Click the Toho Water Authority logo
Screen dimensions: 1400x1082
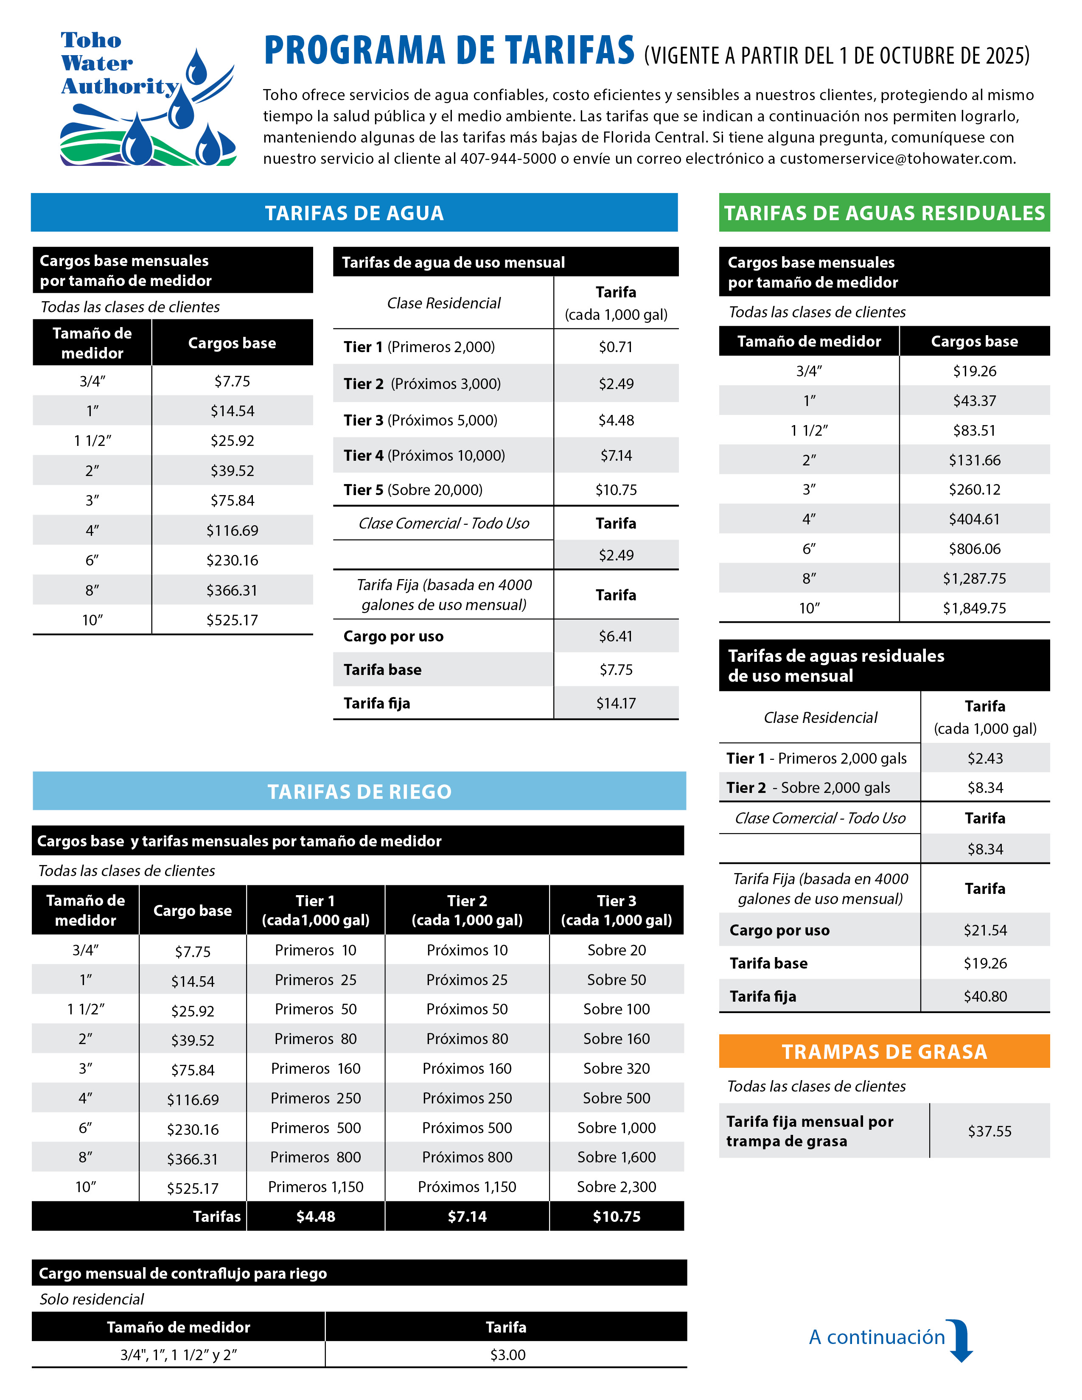point(147,99)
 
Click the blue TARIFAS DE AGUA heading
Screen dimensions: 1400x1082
point(354,213)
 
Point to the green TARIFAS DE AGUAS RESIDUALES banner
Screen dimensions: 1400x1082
point(884,213)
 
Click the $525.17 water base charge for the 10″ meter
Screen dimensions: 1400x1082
point(232,620)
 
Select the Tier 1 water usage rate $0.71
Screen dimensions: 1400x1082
point(615,347)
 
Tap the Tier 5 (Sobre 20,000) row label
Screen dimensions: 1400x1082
point(413,490)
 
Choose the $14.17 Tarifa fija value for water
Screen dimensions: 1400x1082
point(615,703)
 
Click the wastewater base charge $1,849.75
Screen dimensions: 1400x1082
point(974,608)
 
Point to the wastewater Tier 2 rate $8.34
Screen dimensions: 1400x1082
point(984,788)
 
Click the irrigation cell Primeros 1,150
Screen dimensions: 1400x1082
point(315,1187)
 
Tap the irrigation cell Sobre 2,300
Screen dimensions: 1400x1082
point(616,1187)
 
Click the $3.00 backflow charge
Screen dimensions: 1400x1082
point(507,1355)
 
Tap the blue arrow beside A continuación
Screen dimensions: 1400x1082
point(960,1340)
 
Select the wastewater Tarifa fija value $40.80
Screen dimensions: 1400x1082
point(984,996)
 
